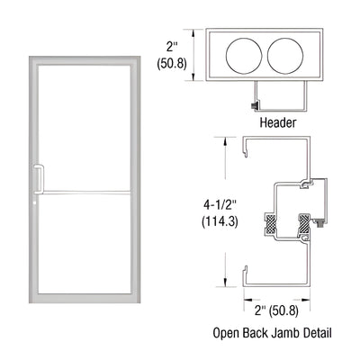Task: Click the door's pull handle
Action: (x=38, y=180)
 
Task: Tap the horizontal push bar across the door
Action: (x=85, y=191)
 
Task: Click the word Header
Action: (x=277, y=122)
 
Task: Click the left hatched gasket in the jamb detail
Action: (x=270, y=220)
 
